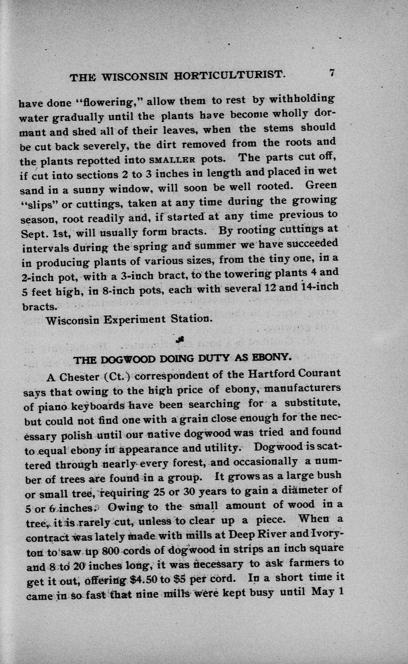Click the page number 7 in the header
click(332, 74)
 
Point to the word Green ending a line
click(321, 185)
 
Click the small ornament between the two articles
click(181, 340)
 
